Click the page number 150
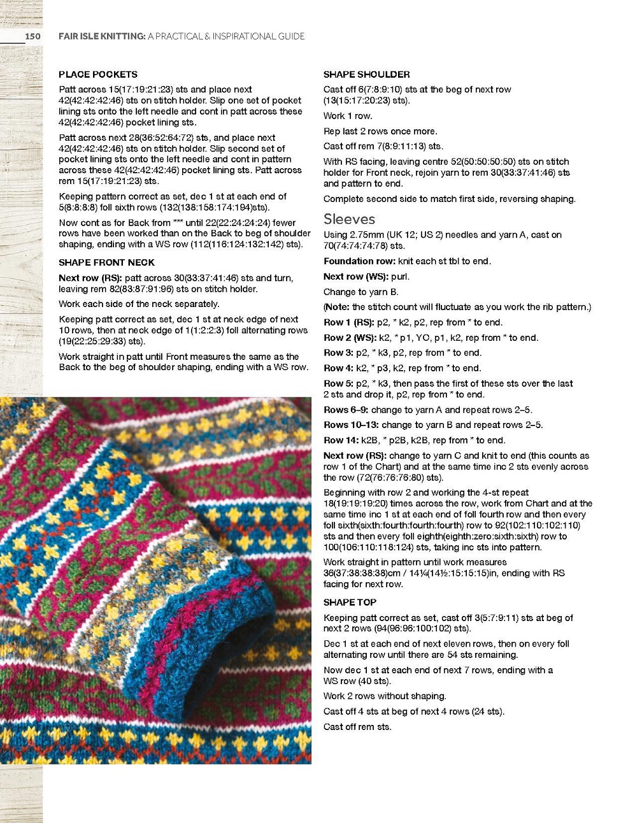[32, 36]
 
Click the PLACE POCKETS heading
[98, 75]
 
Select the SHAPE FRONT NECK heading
[106, 262]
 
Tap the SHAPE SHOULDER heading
[366, 75]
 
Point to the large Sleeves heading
[349, 219]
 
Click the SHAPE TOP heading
[350, 602]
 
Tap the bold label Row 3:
[338, 353]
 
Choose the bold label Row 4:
[338, 368]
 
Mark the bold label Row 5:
[338, 383]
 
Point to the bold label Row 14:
[341, 440]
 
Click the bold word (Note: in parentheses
[336, 307]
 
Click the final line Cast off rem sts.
[357, 727]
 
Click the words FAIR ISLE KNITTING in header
[102, 36]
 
